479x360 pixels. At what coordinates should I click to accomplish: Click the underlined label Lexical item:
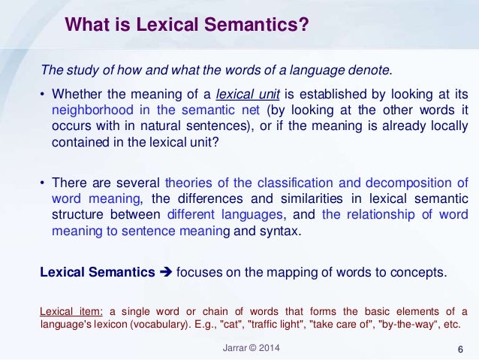pyautogui.click(x=72, y=311)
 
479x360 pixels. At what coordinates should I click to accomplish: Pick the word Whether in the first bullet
pyautogui.click(x=78, y=93)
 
